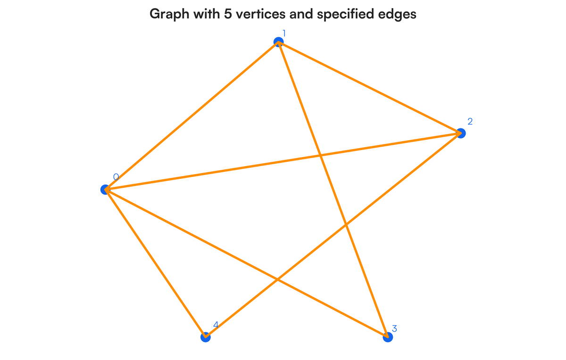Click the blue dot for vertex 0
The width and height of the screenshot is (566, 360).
[105, 190]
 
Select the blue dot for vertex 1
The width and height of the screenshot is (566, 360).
[278, 42]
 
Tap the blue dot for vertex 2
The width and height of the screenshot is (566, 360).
[461, 134]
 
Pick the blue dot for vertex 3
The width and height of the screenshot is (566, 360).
[388, 337]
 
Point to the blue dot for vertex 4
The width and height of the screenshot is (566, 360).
[205, 337]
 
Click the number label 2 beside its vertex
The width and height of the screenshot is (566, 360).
[470, 121]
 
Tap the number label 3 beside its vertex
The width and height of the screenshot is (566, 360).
[394, 328]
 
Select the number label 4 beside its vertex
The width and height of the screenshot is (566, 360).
[216, 325]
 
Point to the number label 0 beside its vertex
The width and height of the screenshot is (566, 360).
[116, 177]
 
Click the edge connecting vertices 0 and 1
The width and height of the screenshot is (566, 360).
[191, 116]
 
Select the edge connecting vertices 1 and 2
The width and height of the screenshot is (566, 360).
[370, 88]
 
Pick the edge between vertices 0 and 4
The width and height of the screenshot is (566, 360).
[155, 263]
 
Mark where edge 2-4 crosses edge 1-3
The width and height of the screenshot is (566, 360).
[347, 225]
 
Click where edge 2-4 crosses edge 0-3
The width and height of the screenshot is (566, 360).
[278, 279]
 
